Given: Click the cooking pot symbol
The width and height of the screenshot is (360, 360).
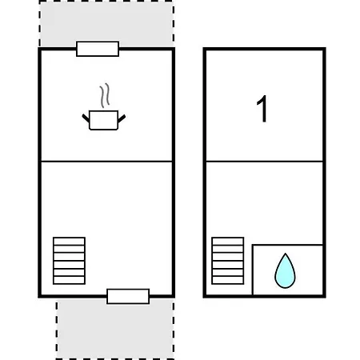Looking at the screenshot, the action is (103, 120).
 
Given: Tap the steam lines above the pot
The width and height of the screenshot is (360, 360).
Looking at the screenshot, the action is (105, 95).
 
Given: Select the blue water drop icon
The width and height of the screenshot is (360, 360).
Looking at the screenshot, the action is (285, 270).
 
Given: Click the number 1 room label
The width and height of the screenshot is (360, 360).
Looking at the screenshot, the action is (262, 109).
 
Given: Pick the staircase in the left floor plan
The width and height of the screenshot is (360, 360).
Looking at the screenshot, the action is (69, 261).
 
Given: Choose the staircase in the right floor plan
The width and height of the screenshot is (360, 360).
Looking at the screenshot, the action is (228, 261).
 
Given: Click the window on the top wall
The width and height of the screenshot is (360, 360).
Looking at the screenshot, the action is (98, 49).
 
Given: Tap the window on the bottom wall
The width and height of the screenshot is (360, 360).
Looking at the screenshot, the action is (128, 296).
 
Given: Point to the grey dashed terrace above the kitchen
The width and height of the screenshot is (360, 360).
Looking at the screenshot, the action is (106, 23).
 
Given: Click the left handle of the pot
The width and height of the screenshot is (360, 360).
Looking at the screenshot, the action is (86, 118).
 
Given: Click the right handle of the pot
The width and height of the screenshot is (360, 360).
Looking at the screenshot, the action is (122, 118).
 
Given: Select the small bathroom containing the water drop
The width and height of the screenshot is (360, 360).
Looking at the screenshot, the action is (287, 270).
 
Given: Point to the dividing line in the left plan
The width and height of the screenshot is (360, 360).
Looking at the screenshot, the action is (106, 162).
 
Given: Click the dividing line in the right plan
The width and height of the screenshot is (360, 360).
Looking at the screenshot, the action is (265, 162).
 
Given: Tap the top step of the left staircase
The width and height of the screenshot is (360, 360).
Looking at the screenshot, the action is (69, 242).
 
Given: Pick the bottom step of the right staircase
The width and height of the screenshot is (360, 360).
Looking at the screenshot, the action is (228, 281).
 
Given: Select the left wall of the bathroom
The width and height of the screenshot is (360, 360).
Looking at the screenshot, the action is (253, 270).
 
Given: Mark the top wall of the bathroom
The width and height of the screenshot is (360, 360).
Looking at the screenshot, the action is (287, 245).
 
